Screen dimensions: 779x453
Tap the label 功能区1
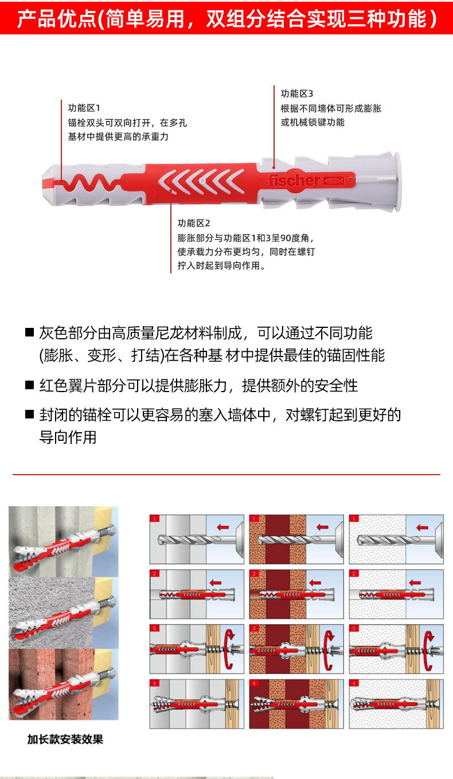pyautogui.click(x=84, y=108)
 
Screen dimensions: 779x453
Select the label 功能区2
pyautogui.click(x=194, y=223)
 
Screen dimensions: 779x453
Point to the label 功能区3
pyautogui.click(x=297, y=93)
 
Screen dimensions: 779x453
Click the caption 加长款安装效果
pyautogui.click(x=65, y=739)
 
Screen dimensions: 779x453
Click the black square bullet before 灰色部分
pyautogui.click(x=30, y=332)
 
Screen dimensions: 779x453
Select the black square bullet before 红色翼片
pyautogui.click(x=30, y=385)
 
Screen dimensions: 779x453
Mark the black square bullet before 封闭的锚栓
pyautogui.click(x=30, y=414)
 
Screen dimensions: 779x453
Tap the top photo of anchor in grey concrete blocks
pyautogui.click(x=63, y=541)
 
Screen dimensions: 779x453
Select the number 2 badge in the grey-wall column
pyautogui.click(x=154, y=573)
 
